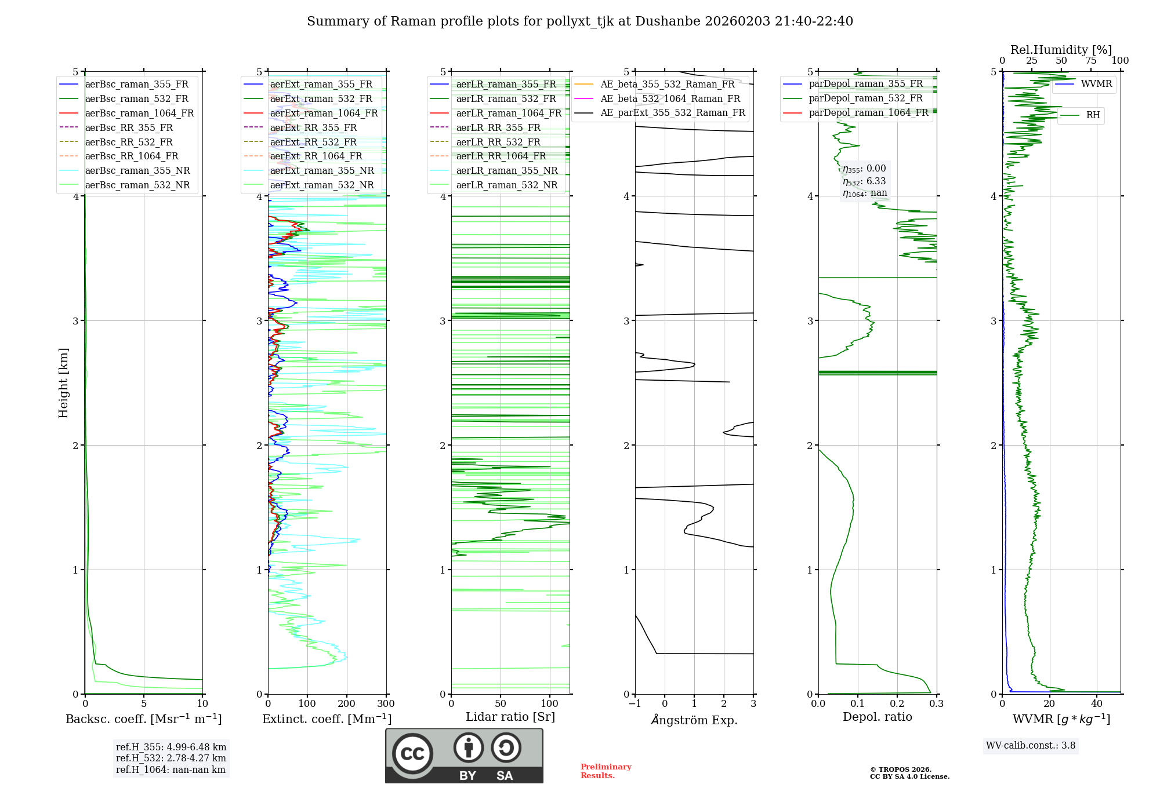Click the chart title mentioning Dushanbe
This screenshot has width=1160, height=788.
[x=580, y=21]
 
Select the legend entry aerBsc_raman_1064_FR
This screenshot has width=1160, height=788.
[x=139, y=113]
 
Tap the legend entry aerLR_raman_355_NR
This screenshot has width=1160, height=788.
[x=506, y=170]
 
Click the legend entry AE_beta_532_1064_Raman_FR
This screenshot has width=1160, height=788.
[x=670, y=99]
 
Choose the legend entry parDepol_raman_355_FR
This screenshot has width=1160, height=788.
[x=865, y=84]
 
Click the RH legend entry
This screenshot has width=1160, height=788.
[x=1093, y=115]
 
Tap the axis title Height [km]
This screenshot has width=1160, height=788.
[x=63, y=383]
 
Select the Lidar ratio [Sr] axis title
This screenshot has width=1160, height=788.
[x=510, y=717]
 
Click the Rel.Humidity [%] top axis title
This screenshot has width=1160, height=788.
[x=1061, y=50]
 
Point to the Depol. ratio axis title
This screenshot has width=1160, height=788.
[x=877, y=717]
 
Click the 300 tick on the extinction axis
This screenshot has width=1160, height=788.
[x=386, y=704]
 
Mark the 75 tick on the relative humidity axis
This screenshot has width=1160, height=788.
[x=1091, y=61]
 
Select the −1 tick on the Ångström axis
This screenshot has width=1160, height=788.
[x=635, y=704]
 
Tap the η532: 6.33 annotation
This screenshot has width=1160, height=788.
[x=864, y=181]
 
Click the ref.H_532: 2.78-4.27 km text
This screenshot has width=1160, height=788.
[x=171, y=758]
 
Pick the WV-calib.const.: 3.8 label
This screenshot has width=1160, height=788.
[x=1031, y=746]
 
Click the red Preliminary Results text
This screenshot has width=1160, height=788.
[x=606, y=771]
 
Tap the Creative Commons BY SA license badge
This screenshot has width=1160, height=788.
[x=464, y=756]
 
